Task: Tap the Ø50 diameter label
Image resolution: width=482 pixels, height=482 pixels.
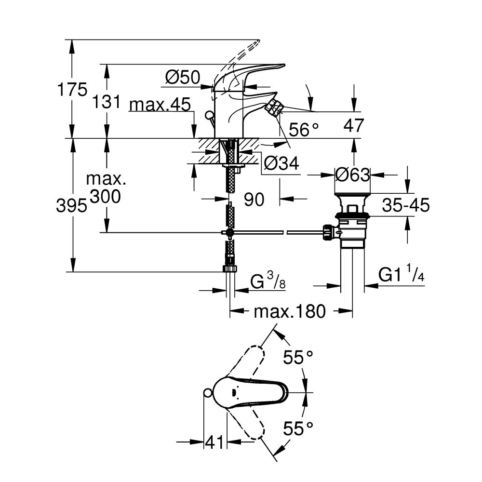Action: (x=183, y=77)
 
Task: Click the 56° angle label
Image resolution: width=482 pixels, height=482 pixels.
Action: (x=304, y=129)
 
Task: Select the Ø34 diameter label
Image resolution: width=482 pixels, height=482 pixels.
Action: (x=281, y=164)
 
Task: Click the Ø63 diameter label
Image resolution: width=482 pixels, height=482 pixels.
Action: (x=352, y=174)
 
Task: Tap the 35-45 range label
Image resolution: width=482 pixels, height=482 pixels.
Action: (x=406, y=205)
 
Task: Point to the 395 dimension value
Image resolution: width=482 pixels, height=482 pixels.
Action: (x=71, y=206)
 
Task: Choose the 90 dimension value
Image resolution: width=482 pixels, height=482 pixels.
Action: (x=254, y=199)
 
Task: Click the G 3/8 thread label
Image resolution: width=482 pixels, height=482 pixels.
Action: (x=268, y=281)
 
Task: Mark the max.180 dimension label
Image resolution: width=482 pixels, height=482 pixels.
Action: (x=290, y=311)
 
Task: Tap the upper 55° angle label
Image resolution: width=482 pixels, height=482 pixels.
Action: (x=298, y=358)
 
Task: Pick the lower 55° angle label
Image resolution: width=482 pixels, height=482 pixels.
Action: (x=298, y=428)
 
